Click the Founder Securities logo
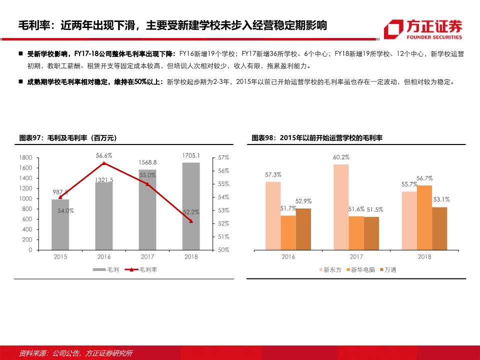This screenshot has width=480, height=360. click(x=423, y=28)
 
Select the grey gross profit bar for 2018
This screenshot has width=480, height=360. click(x=190, y=206)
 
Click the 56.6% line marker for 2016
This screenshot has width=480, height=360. click(x=103, y=163)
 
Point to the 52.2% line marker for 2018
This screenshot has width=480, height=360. click(x=190, y=221)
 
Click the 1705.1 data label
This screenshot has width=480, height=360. click(x=191, y=155)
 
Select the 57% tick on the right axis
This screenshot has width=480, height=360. click(x=223, y=157)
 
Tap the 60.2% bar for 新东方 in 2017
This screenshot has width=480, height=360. click(x=340, y=206)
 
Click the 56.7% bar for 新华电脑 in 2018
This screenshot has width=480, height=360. click(x=424, y=217)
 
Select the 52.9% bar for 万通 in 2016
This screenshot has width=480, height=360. click(x=303, y=228)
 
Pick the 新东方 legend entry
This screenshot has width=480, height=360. click(x=330, y=269)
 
